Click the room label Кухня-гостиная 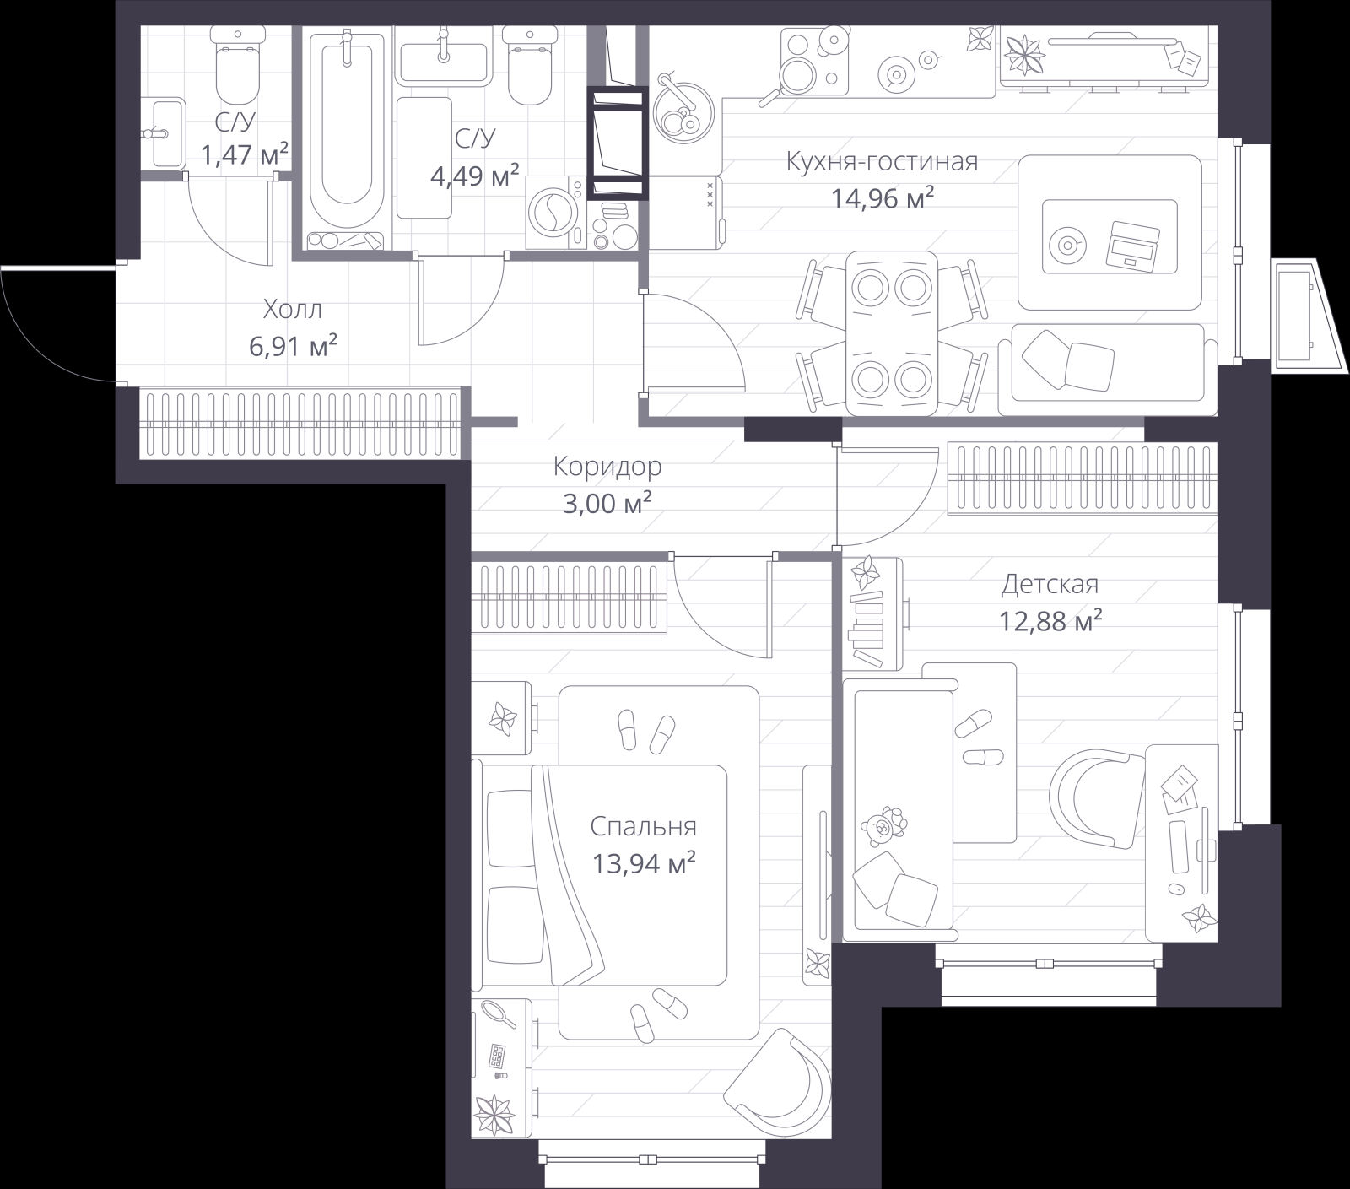pyautogui.click(x=882, y=161)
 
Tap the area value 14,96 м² pyautogui.click(x=882, y=199)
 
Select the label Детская pyautogui.click(x=1050, y=584)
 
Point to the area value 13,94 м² pyautogui.click(x=643, y=863)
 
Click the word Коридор pyautogui.click(x=607, y=466)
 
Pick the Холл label pyautogui.click(x=292, y=310)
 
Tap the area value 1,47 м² pyautogui.click(x=245, y=155)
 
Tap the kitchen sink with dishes pyautogui.click(x=683, y=113)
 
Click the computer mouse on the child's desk pyautogui.click(x=1173, y=889)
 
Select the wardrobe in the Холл pyautogui.click(x=300, y=423)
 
